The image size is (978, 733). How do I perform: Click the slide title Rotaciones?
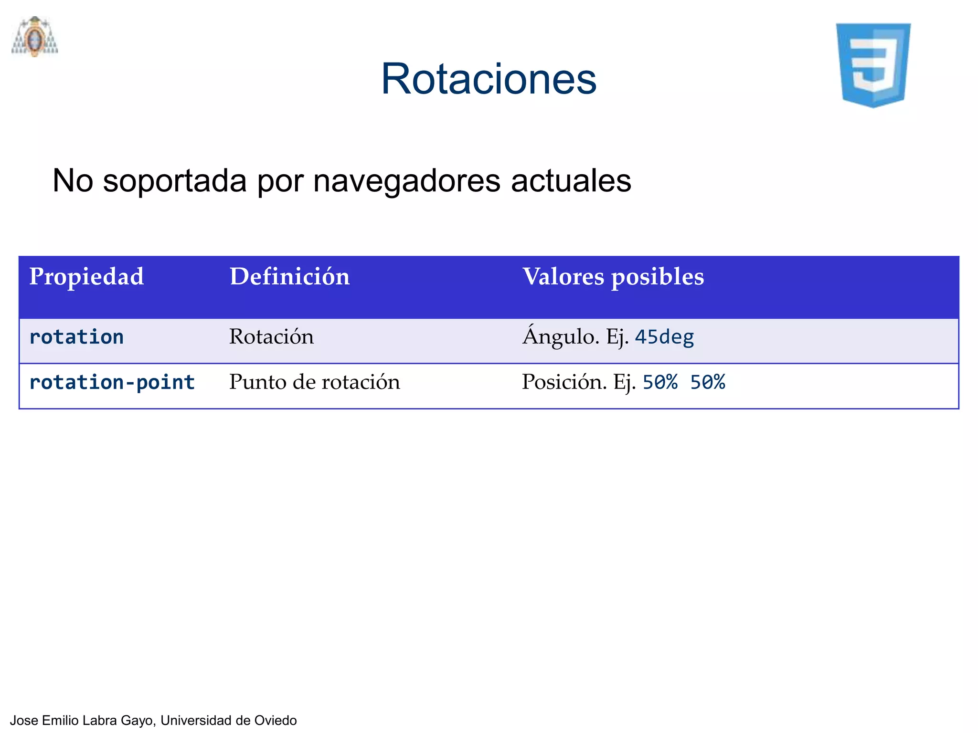point(489,79)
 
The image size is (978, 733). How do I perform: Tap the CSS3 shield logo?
point(873,65)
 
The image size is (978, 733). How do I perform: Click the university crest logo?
point(34,37)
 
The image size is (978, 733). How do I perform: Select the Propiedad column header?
point(86,277)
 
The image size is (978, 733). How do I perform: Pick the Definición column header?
point(289,277)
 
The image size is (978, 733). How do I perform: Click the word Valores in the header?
point(563,277)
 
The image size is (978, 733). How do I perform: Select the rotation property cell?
point(76,337)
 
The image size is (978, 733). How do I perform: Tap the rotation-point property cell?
point(112,382)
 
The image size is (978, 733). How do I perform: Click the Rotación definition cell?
point(271,337)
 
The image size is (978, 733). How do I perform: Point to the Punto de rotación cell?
point(314,382)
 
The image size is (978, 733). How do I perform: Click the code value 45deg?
point(664,337)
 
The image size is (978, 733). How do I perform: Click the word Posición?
point(564,382)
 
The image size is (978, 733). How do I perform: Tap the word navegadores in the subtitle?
point(406,181)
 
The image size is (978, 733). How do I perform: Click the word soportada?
point(175,181)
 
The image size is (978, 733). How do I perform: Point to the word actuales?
point(571,181)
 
